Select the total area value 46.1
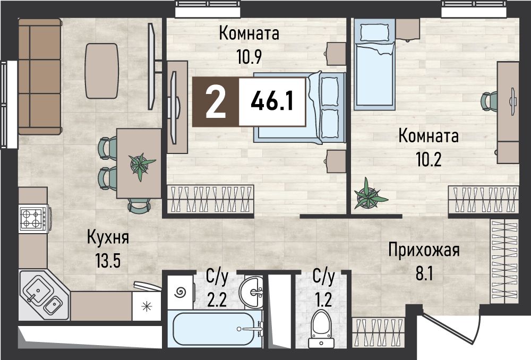272,101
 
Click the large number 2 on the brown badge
216,101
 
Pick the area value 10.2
429,158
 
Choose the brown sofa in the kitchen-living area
40,76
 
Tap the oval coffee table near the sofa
102,71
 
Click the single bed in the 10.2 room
374,64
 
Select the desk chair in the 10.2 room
489,101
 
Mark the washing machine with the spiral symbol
181,291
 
